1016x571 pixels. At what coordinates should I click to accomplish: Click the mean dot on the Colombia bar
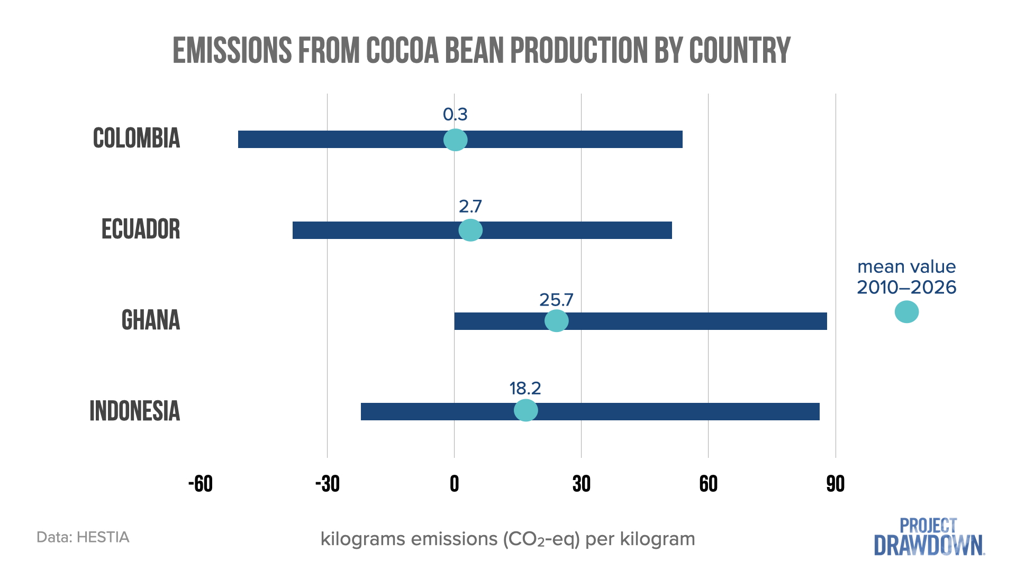tap(455, 140)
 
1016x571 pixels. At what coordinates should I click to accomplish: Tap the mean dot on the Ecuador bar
tap(470, 230)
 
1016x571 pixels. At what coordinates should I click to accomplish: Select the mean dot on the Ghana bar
tap(557, 320)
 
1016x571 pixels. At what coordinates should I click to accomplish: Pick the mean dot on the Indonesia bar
tap(526, 410)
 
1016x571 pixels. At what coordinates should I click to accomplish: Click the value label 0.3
tap(455, 114)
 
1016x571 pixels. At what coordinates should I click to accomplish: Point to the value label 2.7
tap(470, 206)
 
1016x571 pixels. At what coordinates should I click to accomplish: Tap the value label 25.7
tap(556, 300)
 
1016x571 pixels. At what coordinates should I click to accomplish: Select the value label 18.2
tap(525, 389)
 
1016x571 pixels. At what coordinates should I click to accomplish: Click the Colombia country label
tap(137, 139)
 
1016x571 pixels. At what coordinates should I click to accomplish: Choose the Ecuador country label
tap(141, 229)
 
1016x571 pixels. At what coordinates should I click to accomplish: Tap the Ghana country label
tap(151, 320)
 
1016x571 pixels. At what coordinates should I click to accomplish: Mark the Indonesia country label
tap(135, 411)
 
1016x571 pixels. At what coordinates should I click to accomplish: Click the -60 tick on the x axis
tap(201, 484)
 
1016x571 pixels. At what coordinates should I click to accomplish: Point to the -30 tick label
tap(328, 484)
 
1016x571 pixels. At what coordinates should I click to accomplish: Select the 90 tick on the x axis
tap(836, 484)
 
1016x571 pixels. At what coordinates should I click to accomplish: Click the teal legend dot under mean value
tap(906, 311)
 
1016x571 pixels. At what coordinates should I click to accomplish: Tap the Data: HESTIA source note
tap(83, 537)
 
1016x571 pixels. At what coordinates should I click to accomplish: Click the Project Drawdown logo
tap(929, 537)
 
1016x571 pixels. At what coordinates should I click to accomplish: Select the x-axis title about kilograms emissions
tap(507, 539)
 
